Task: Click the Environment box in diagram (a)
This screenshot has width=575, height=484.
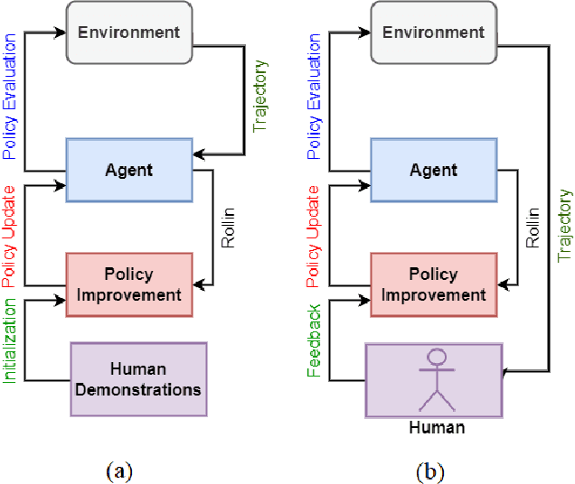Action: tap(128, 33)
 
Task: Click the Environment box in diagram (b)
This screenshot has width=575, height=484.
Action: tap(433, 33)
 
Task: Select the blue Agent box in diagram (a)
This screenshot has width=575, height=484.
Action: tap(128, 170)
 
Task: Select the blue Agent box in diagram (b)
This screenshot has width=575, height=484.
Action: tap(433, 170)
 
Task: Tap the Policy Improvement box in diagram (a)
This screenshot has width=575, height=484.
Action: tap(128, 284)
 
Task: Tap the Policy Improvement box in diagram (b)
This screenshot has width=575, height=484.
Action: tap(433, 284)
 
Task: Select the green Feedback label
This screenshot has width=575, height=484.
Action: tap(315, 341)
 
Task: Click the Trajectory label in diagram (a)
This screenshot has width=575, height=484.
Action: tap(260, 97)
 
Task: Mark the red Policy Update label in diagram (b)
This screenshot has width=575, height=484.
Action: tap(315, 234)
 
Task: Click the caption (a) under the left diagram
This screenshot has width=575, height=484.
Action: tap(118, 470)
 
